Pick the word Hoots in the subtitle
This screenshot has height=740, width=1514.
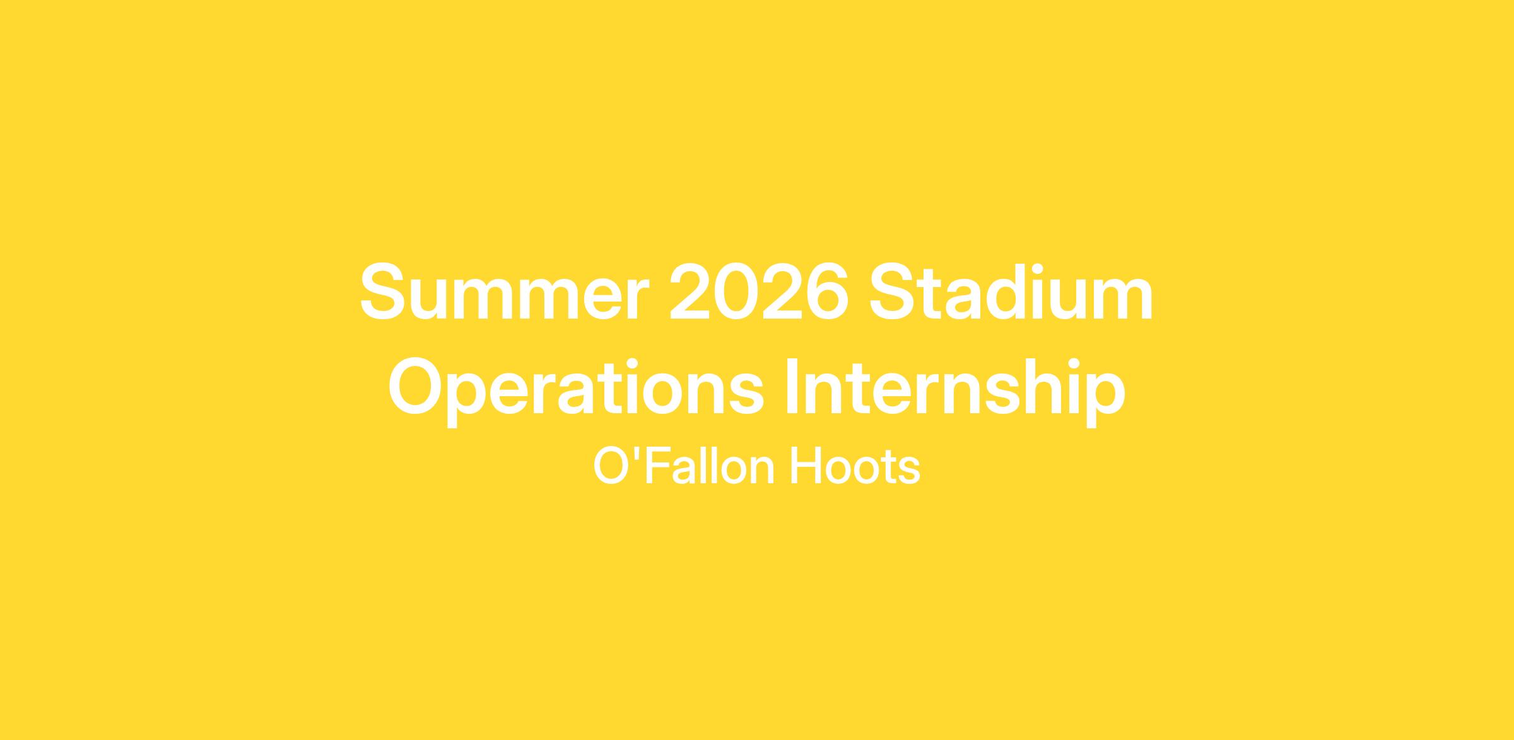pos(855,467)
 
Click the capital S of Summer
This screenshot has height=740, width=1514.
pos(382,291)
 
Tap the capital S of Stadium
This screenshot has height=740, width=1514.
pos(892,291)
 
